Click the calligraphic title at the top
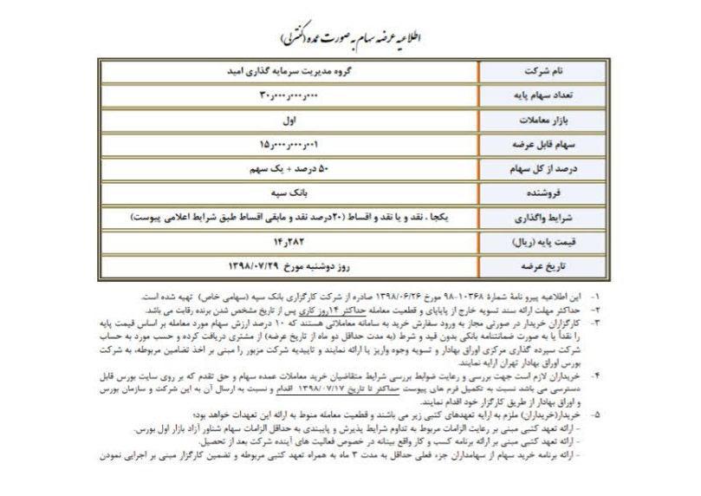tap(350, 37)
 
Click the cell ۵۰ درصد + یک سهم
tap(294, 164)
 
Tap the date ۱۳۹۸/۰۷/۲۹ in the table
tap(234, 259)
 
